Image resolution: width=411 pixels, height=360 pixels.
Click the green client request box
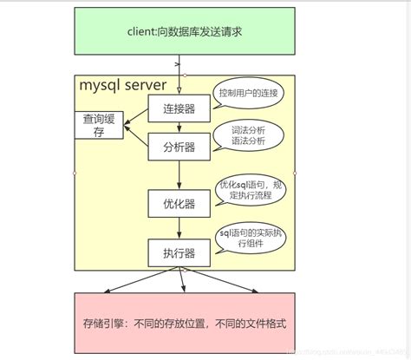[182, 31]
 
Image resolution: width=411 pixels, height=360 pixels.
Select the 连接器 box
[179, 108]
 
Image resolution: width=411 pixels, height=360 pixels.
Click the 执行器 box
[179, 253]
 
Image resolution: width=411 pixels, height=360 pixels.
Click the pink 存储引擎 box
[182, 322]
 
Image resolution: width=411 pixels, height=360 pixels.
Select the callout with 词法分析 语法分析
[248, 135]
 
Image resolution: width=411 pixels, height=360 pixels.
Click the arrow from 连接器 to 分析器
[179, 126]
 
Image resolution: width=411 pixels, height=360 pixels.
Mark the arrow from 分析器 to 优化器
[179, 173]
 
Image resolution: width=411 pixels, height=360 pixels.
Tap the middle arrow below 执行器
[182, 280]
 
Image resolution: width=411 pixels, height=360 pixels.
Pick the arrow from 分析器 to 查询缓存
[137, 135]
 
